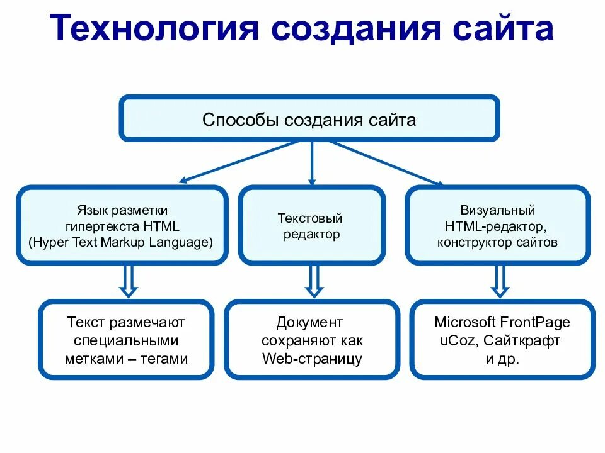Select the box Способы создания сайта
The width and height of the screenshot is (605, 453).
click(x=309, y=118)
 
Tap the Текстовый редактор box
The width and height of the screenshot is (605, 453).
click(x=311, y=225)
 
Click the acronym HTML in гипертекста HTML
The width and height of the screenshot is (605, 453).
click(x=161, y=226)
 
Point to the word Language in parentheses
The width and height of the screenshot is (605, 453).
click(x=181, y=242)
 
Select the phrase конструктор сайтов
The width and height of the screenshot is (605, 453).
click(x=498, y=242)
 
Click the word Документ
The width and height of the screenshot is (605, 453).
click(x=309, y=323)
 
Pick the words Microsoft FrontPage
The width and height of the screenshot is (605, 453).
click(x=502, y=323)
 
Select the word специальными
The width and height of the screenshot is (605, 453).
click(x=126, y=341)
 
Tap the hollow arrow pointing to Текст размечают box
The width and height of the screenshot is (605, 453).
click(x=129, y=281)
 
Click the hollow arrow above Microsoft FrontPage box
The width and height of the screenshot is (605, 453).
click(x=500, y=281)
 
